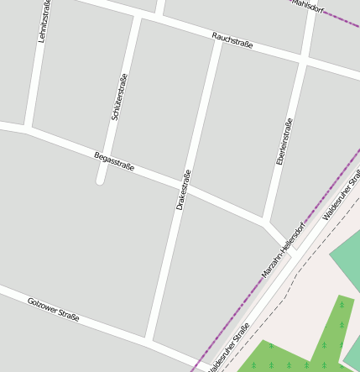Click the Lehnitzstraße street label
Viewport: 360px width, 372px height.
(44, 21)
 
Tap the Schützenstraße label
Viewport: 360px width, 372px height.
(119, 97)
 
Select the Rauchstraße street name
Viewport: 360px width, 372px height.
(232, 41)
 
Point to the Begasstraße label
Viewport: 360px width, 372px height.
(114, 160)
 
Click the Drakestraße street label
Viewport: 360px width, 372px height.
(184, 189)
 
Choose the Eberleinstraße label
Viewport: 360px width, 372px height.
(285, 140)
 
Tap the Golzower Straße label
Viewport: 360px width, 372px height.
(53, 309)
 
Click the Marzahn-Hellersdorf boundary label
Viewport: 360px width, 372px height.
(284, 249)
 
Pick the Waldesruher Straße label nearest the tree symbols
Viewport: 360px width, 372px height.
(228, 347)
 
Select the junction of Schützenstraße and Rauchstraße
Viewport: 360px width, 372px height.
(139, 17)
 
